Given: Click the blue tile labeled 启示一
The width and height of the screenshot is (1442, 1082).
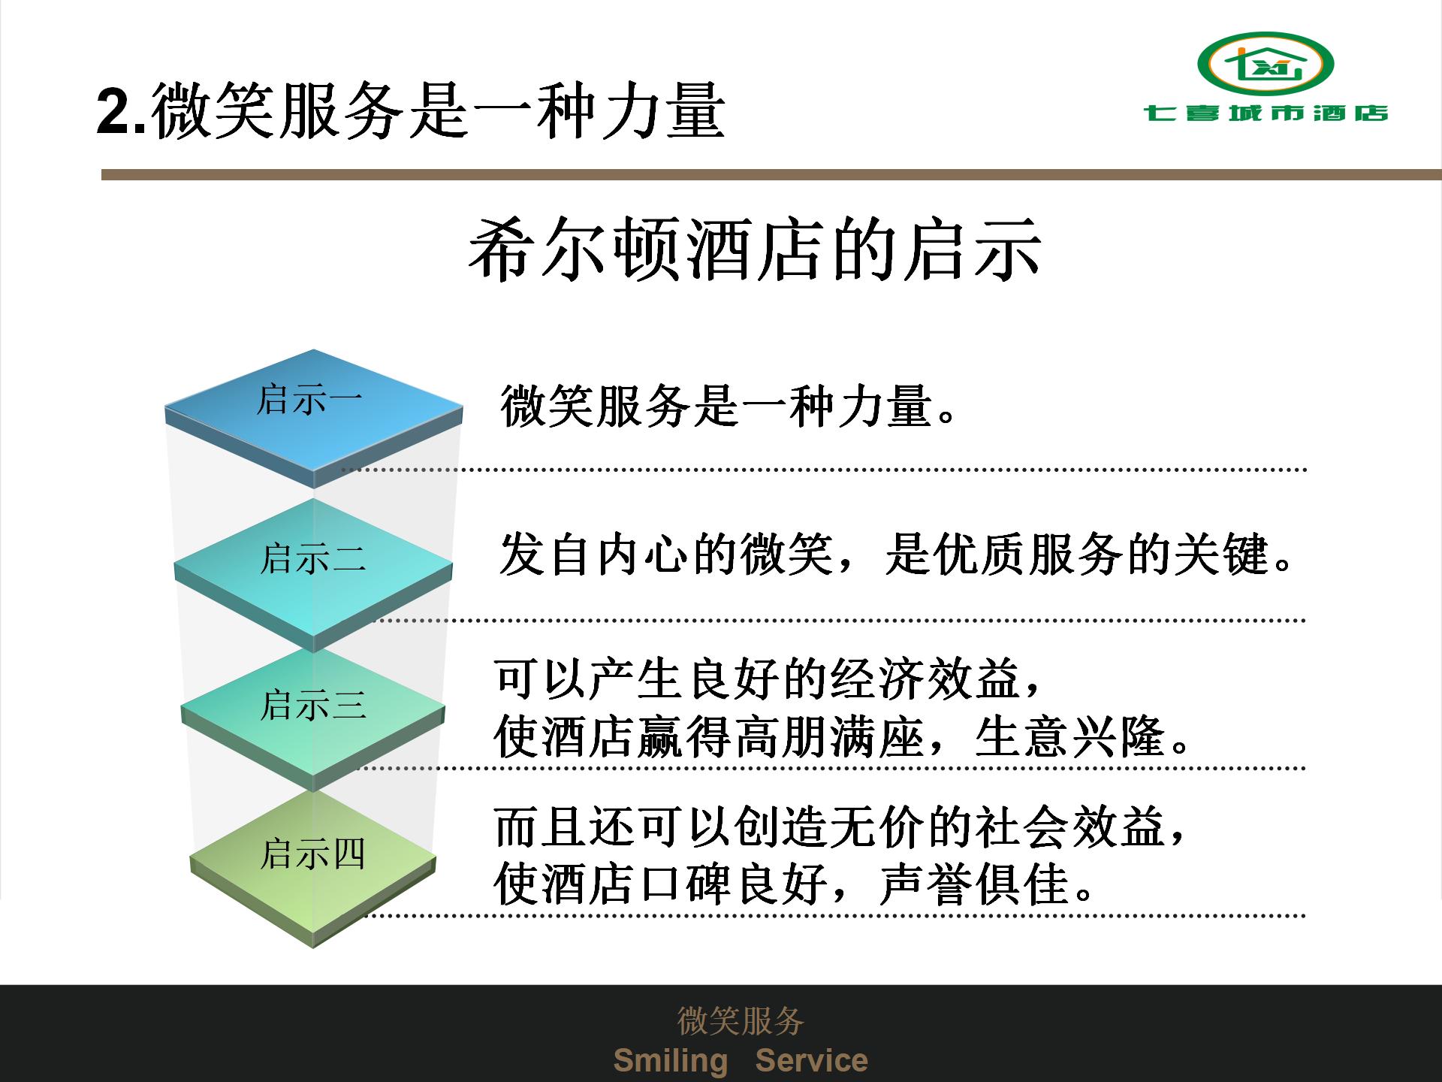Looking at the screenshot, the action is [313, 418].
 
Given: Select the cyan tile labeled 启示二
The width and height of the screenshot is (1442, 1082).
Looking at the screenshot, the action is [313, 575].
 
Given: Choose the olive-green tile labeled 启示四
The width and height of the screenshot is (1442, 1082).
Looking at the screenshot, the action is [313, 868].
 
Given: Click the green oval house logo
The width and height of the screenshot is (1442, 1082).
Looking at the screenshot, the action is [1266, 64].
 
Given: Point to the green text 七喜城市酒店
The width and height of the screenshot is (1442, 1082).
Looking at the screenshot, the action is [1266, 113].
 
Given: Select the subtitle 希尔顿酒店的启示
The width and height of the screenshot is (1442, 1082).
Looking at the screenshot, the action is [755, 250].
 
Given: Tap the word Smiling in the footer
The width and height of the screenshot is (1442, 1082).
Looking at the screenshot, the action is [671, 1061].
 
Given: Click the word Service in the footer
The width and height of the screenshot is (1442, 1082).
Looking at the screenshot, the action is [811, 1060].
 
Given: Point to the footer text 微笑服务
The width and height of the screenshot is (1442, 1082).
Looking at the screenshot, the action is [741, 1020].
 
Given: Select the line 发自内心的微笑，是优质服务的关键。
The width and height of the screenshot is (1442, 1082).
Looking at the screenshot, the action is [897, 555].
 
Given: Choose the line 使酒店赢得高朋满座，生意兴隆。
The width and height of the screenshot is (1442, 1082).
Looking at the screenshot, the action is [842, 736].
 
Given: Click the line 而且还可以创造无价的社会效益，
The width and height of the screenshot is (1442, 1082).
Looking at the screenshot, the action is [841, 827].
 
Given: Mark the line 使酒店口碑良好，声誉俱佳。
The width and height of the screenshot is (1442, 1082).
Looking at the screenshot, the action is [794, 884].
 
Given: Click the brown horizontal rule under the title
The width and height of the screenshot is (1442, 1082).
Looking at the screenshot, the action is [771, 175].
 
